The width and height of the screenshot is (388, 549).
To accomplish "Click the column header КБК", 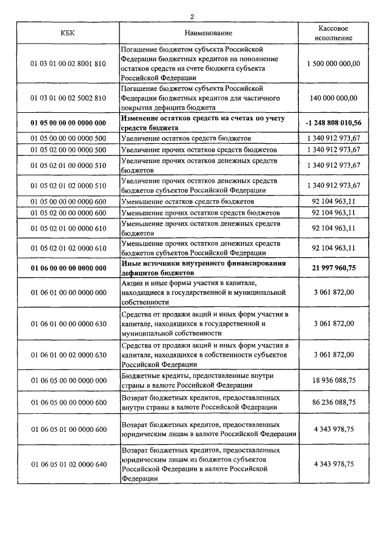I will [68, 33].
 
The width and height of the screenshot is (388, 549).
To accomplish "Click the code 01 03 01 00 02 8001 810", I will [68, 63].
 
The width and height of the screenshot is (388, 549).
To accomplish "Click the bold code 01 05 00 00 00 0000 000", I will [68, 123].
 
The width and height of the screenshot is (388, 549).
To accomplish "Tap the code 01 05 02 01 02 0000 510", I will [68, 186].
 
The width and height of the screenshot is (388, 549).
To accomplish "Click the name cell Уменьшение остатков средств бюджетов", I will [192, 201].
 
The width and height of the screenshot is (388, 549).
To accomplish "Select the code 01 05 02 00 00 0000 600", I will [68, 213].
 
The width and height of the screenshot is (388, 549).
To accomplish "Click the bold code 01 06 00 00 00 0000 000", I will [68, 268].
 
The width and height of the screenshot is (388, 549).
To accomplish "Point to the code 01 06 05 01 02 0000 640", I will [68, 464].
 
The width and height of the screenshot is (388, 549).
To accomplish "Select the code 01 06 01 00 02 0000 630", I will [68, 355].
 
